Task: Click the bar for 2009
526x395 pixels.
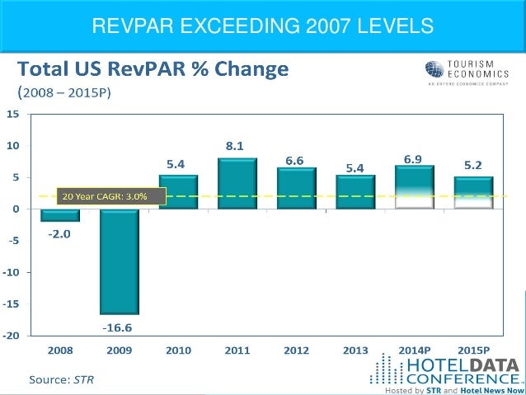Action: pyautogui.click(x=120, y=261)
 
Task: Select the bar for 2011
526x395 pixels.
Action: pyautogui.click(x=237, y=183)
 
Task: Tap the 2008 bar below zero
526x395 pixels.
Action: pyautogui.click(x=61, y=215)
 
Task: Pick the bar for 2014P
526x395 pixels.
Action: pyautogui.click(x=414, y=187)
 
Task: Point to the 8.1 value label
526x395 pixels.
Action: pyautogui.click(x=236, y=147)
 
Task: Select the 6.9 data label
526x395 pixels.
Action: pyautogui.click(x=414, y=156)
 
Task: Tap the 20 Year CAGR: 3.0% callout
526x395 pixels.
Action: pyautogui.click(x=111, y=195)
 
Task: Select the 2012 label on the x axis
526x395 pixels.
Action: pyautogui.click(x=296, y=350)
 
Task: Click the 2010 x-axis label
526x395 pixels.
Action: pyautogui.click(x=178, y=350)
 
